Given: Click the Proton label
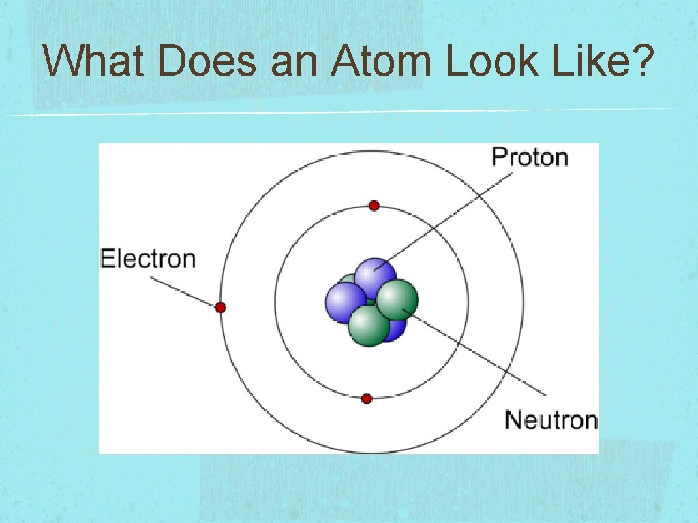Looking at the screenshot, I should coord(530,158).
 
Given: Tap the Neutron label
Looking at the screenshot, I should coord(551,419).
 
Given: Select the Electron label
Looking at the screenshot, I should coord(148,259).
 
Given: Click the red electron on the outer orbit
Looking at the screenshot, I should coord(220,308).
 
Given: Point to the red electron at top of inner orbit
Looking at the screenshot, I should coord(374,206).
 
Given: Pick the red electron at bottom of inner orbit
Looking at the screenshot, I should coord(367,398).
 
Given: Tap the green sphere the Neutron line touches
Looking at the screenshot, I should coord(397,300).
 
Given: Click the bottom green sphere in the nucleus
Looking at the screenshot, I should coord(369,326).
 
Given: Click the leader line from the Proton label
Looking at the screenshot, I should coord(443,219).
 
